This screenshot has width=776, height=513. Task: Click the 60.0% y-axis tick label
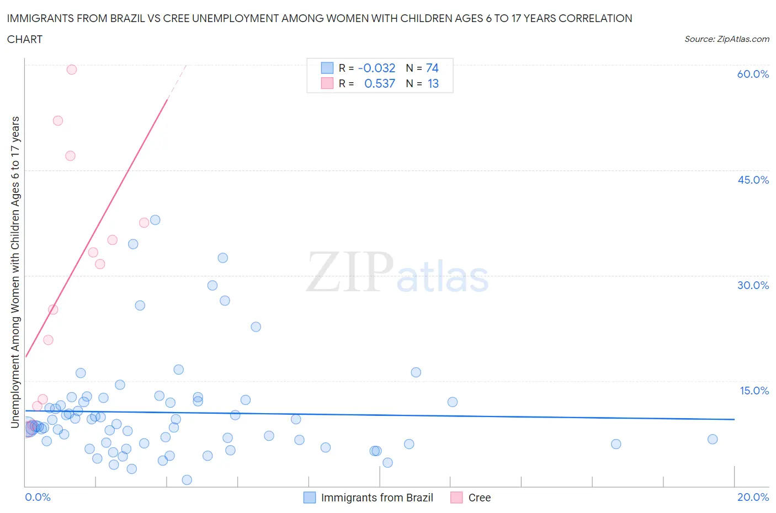tap(753, 74)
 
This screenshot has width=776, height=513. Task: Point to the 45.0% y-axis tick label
tap(753, 180)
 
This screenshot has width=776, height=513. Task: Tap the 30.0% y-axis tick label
tap(753, 285)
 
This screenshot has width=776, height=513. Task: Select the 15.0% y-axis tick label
tap(754, 391)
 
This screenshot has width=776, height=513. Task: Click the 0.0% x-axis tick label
tap(38, 497)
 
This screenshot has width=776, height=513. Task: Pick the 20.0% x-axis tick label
tap(753, 497)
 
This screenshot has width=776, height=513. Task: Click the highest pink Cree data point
tap(72, 70)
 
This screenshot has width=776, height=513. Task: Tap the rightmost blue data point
tap(713, 439)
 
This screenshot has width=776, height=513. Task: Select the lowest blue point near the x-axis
tap(187, 480)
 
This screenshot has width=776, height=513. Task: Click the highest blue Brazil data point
tap(155, 220)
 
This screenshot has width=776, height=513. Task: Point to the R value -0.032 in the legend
tap(376, 68)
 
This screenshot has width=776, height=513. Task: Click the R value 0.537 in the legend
tap(380, 83)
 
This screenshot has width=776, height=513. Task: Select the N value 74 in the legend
tap(432, 68)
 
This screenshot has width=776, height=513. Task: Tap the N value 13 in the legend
tap(433, 83)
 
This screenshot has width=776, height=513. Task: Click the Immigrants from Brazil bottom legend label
tap(377, 498)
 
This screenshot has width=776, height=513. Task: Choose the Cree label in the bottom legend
tap(479, 498)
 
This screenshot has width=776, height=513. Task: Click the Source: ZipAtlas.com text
tap(726, 39)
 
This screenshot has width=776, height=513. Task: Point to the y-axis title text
tap(15, 272)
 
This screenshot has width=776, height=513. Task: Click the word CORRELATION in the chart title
tap(596, 18)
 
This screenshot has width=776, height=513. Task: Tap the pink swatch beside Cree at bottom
tap(456, 498)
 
